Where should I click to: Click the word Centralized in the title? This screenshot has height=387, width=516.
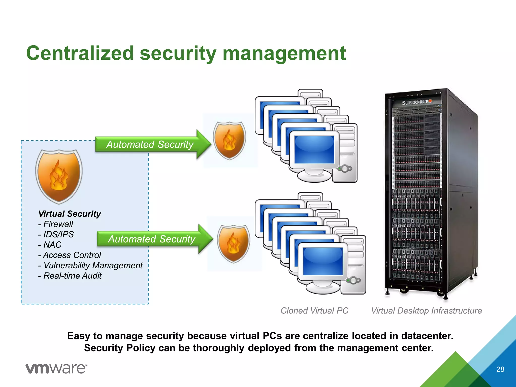pyautogui.click(x=80, y=53)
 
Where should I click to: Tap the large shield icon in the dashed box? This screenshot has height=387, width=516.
pyautogui.click(x=59, y=176)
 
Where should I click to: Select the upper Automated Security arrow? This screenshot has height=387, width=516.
pyautogui.click(x=150, y=144)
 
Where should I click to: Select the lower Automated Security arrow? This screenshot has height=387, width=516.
pyautogui.click(x=152, y=239)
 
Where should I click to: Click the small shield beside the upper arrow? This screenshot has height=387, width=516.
pyautogui.click(x=229, y=141)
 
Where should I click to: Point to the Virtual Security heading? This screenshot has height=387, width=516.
pyautogui.click(x=70, y=214)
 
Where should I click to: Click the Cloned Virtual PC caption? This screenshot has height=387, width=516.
pyautogui.click(x=314, y=310)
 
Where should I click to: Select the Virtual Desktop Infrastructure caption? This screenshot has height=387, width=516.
pyautogui.click(x=426, y=310)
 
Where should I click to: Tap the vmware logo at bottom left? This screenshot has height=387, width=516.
pyautogui.click(x=56, y=369)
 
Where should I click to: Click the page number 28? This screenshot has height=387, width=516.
pyautogui.click(x=500, y=369)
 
